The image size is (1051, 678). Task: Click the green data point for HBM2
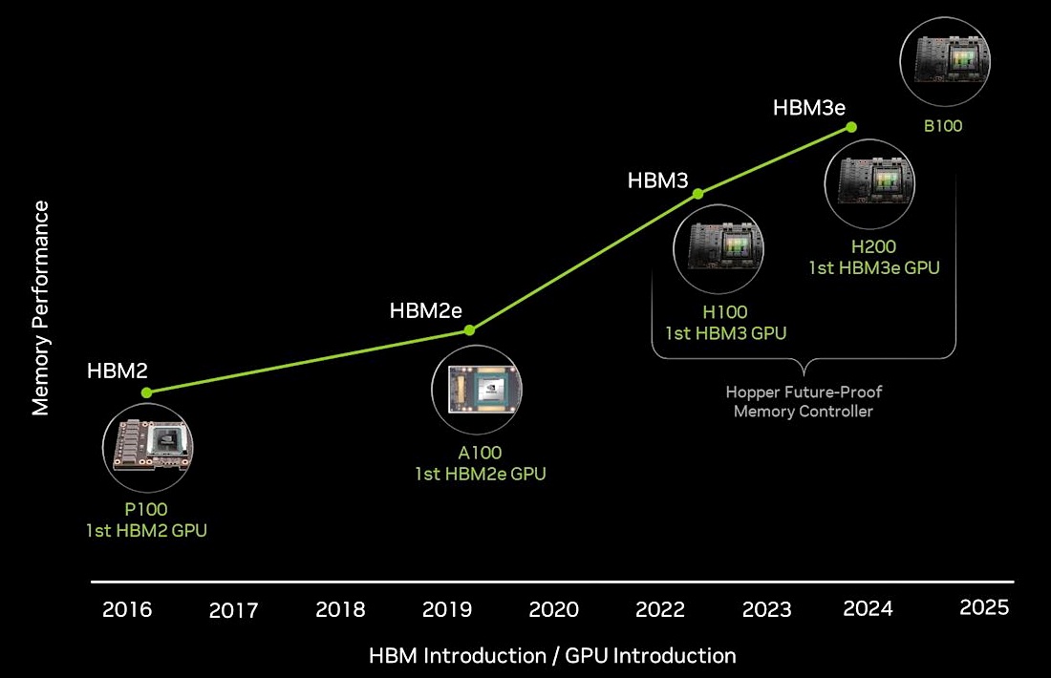(x=146, y=392)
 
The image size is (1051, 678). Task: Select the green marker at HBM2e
(x=469, y=330)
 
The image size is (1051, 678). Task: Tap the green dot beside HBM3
(x=697, y=194)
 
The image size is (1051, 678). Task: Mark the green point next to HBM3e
(x=851, y=127)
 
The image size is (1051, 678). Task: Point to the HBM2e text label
(x=427, y=310)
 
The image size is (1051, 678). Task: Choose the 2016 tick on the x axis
(x=127, y=609)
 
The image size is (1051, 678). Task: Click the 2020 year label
(x=553, y=609)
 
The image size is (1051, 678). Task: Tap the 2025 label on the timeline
(x=984, y=607)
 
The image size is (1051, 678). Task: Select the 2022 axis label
(x=660, y=609)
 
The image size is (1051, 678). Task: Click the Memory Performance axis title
(x=40, y=307)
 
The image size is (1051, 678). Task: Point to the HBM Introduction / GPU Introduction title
(x=552, y=656)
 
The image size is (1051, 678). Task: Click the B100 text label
(x=942, y=125)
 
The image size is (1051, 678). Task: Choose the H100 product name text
(x=725, y=311)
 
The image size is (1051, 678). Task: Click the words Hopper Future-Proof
(x=803, y=392)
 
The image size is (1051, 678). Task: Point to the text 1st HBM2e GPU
(x=480, y=473)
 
